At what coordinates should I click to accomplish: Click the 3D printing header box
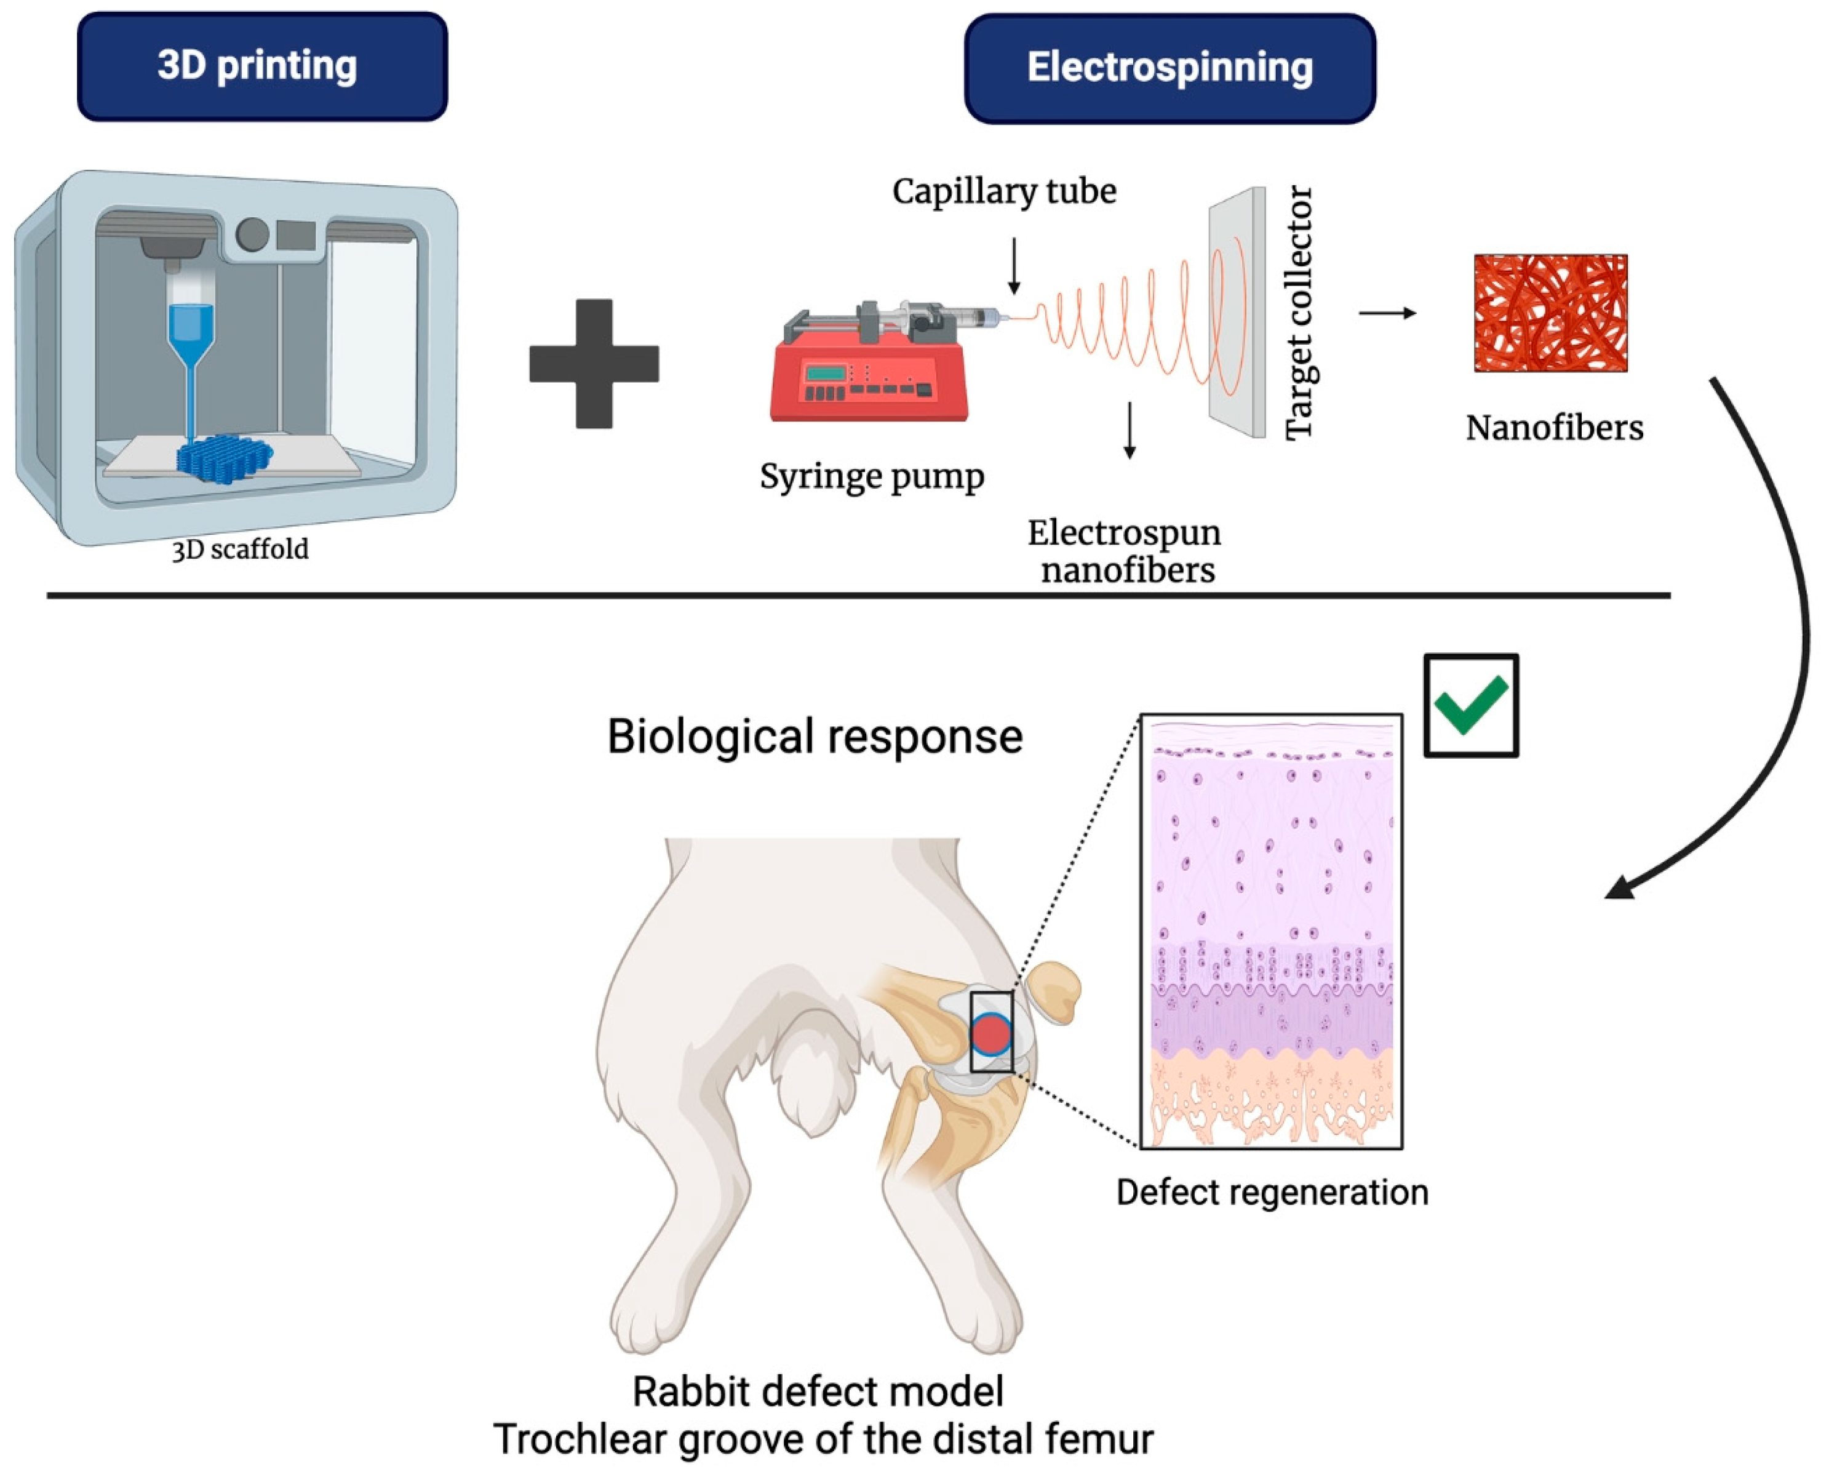[262, 66]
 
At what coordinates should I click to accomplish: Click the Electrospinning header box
[1169, 68]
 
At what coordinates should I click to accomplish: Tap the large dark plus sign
[594, 363]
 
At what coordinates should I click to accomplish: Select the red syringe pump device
[867, 374]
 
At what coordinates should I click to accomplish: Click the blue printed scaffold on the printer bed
[225, 458]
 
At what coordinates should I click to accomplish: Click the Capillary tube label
[1003, 191]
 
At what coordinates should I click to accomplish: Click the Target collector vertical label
[1299, 313]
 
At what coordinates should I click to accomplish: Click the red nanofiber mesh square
[1550, 313]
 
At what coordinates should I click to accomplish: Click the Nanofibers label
[1553, 428]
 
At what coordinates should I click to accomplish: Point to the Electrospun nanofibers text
[1125, 551]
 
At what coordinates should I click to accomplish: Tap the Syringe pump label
[872, 476]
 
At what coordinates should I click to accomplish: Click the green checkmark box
[1470, 705]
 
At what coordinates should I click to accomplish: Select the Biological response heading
[814, 736]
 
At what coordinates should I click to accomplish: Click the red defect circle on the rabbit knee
[991, 1035]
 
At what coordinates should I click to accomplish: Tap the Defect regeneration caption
[1272, 1192]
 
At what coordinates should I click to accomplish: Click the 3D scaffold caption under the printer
[240, 550]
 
